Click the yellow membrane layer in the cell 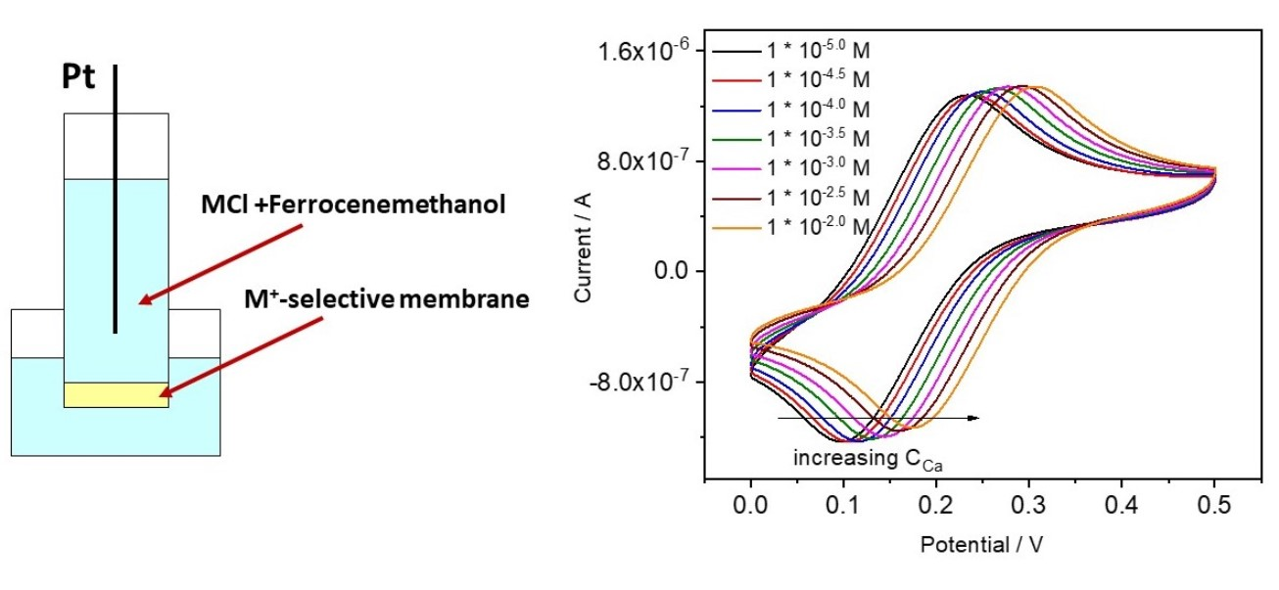click(x=116, y=394)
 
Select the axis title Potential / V click(x=982, y=544)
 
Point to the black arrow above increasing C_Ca click(x=878, y=418)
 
